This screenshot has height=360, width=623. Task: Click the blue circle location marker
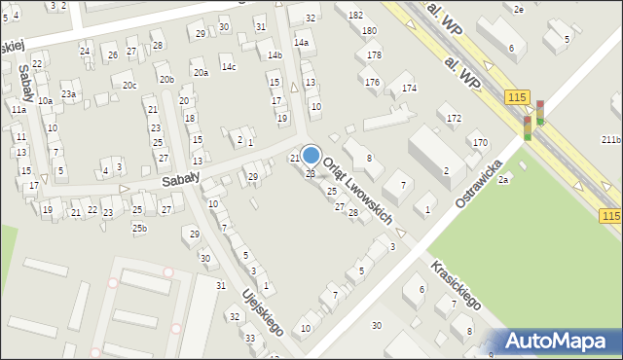pyautogui.click(x=311, y=155)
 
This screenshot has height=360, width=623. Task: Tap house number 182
pyautogui.click(x=355, y=15)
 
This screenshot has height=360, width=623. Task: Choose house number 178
pyautogui.click(x=374, y=55)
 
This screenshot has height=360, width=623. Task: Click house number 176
pyautogui.click(x=372, y=82)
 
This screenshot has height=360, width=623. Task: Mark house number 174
pyautogui.click(x=409, y=89)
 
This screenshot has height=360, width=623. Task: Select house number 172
pyautogui.click(x=454, y=118)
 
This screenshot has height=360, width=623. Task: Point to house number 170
pyautogui.click(x=480, y=143)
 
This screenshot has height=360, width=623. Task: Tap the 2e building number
pyautogui.click(x=519, y=9)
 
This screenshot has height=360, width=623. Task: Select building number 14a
pyautogui.click(x=302, y=43)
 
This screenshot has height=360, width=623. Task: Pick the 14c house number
pyautogui.click(x=228, y=66)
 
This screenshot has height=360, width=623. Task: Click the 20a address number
pyautogui.click(x=201, y=72)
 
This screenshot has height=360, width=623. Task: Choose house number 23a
pyautogui.click(x=69, y=93)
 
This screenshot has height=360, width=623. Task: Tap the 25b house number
pyautogui.click(x=140, y=228)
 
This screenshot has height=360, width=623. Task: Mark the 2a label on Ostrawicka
pyautogui.click(x=503, y=191)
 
